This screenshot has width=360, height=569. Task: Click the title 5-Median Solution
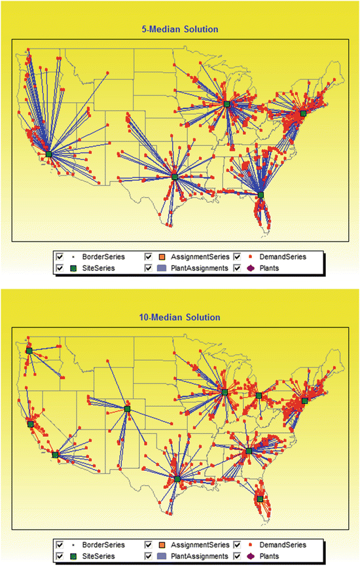pos(181,29)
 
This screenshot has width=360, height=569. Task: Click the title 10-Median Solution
pos(181,317)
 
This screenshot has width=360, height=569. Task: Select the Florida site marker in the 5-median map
pos(261,194)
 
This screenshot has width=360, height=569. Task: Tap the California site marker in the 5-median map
pos(49,154)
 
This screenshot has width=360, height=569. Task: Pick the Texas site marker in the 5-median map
pos(174,176)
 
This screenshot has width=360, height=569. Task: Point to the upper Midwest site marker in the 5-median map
pos(226,104)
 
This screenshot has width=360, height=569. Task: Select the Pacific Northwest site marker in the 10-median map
pos(29,350)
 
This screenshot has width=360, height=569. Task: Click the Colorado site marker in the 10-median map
pos(128,409)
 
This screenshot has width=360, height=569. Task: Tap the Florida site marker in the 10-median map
pos(260,498)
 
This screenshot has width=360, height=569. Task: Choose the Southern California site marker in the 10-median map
pos(55,454)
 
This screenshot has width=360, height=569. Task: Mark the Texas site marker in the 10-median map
pos(177,479)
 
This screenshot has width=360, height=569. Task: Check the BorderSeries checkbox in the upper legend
pos(60,257)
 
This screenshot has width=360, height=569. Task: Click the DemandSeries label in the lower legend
pos(281,544)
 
